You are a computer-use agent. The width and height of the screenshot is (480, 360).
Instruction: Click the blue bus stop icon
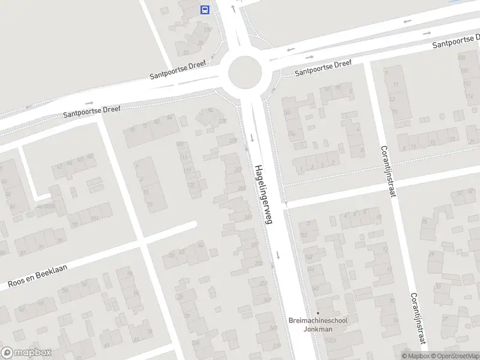tap(205, 10)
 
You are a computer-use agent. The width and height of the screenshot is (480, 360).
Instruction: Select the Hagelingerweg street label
tap(263, 195)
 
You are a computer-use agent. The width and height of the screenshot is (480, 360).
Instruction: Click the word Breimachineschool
tap(318, 320)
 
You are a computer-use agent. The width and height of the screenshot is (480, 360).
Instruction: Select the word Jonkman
tap(318, 329)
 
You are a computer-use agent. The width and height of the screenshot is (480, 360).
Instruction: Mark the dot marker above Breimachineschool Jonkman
tap(318, 313)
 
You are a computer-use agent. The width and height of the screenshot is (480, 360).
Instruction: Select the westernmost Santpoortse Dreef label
tap(92, 112)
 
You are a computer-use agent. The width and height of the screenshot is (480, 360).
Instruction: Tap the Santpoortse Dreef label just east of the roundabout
tap(323, 68)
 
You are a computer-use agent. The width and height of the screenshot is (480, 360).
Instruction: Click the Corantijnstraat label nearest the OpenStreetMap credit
tap(418, 319)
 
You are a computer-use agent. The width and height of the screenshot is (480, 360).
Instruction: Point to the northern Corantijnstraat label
tap(388, 171)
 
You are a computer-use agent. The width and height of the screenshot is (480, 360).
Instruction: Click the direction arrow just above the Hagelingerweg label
tap(252, 139)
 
